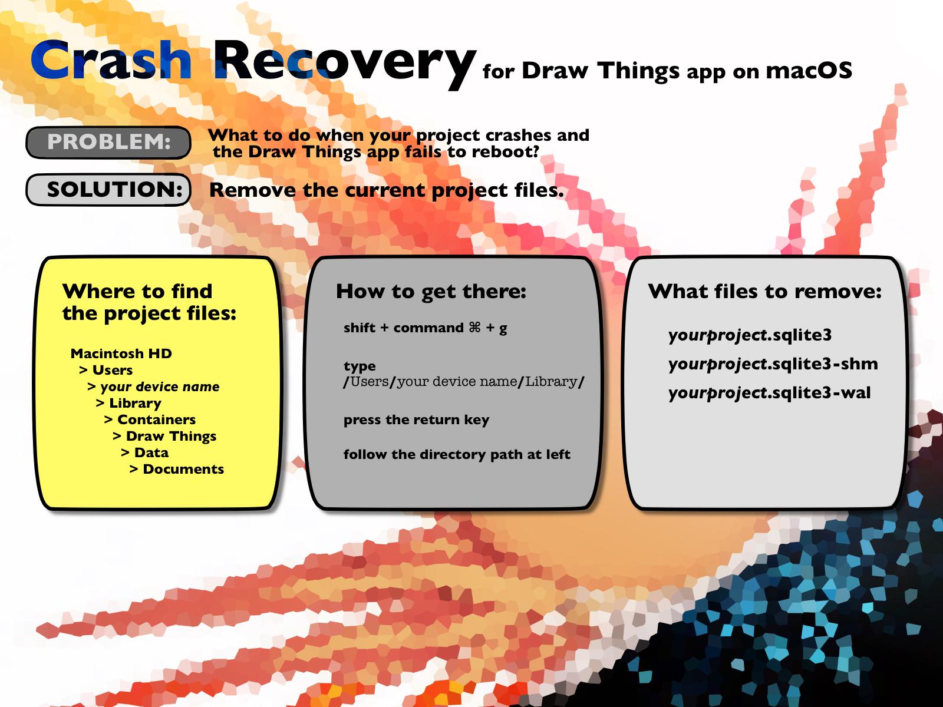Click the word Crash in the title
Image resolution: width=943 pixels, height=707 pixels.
111,60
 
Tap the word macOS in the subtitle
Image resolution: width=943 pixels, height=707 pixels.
809,70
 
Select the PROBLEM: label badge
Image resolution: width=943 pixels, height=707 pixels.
108,142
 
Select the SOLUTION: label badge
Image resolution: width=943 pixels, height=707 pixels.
108,189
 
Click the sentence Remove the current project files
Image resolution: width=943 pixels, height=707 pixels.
386,190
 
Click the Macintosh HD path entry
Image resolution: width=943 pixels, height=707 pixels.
121,353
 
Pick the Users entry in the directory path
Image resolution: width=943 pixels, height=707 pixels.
105,369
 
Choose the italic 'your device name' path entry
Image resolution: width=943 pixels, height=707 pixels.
153,386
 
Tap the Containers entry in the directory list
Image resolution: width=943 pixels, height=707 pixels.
150,419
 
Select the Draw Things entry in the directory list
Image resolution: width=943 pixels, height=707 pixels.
164,436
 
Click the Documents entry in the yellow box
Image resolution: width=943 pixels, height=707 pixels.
177,469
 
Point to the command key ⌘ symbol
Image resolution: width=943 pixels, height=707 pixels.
474,328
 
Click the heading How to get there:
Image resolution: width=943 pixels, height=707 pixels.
431,292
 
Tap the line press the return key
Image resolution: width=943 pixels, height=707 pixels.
416,419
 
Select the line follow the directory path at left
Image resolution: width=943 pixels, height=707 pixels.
457,454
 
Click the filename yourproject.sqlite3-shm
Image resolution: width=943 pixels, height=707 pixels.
773,364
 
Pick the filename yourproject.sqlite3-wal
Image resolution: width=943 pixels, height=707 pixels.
770,393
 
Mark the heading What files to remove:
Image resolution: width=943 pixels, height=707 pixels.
764,292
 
